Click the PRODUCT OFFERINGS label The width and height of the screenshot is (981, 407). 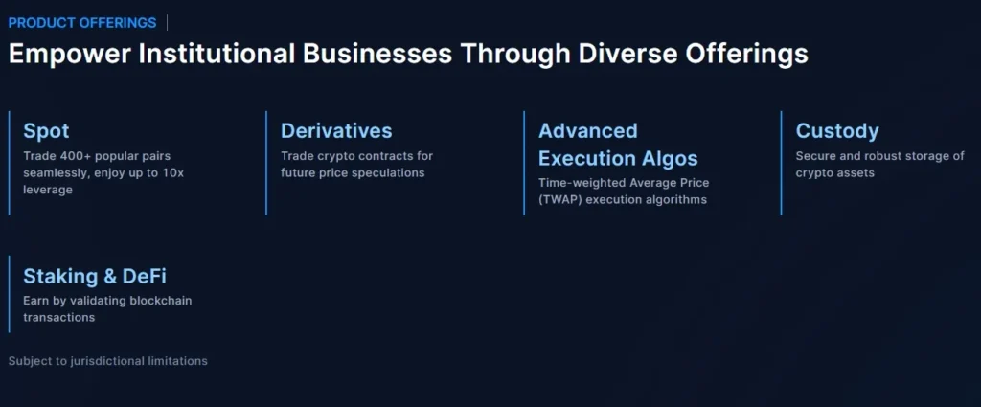pyautogui.click(x=82, y=22)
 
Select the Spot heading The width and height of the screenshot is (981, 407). pyautogui.click(x=46, y=131)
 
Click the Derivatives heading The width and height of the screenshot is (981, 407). pyautogui.click(x=336, y=131)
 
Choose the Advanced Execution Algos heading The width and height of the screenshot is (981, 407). pyautogui.click(x=617, y=145)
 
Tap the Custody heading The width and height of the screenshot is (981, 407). pyautogui.click(x=837, y=131)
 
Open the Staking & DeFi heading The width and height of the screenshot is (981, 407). pyautogui.click(x=95, y=277)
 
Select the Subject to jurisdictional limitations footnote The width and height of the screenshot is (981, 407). pyautogui.click(x=108, y=361)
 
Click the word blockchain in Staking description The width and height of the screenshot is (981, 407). pyautogui.click(x=160, y=301)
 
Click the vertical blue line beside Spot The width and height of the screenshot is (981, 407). pyautogui.click(x=10, y=163)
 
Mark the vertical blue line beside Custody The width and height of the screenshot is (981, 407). pyautogui.click(x=782, y=163)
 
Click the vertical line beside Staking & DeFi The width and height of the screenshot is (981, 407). pyautogui.click(x=10, y=293)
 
